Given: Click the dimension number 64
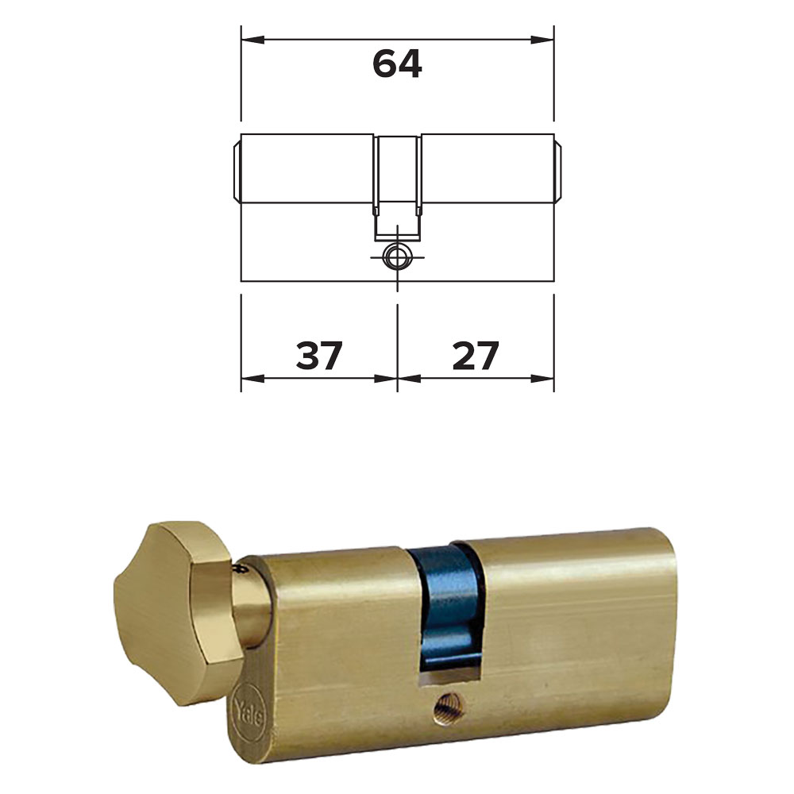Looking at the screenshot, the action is point(397,64).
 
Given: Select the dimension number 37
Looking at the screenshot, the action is point(319,355).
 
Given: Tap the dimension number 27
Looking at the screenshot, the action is point(476,355).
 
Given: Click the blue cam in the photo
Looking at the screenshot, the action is point(448,605).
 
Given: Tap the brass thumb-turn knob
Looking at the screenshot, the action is point(175,613).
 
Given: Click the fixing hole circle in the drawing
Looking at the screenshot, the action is point(397,256).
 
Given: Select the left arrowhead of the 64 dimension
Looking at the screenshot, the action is point(252,40).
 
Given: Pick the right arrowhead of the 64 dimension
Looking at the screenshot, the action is point(542,40).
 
